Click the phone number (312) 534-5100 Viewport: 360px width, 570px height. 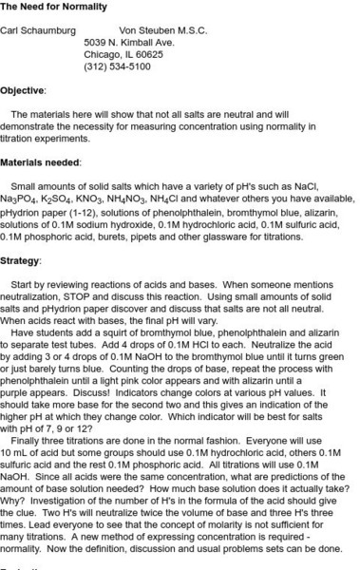117,67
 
